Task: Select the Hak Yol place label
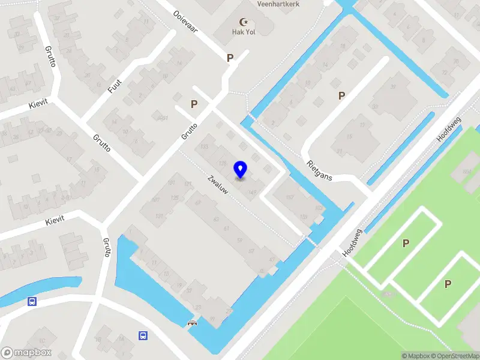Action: click(244, 32)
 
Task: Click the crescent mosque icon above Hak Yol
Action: click(244, 22)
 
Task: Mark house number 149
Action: click(253, 192)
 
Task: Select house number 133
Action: click(205, 147)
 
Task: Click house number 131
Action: click(160, 216)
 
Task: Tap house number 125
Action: click(175, 198)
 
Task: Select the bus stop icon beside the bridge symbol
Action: click(143, 335)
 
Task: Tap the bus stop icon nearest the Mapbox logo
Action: click(32, 302)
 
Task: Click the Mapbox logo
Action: click(26, 352)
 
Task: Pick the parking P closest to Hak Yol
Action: click(230, 58)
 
